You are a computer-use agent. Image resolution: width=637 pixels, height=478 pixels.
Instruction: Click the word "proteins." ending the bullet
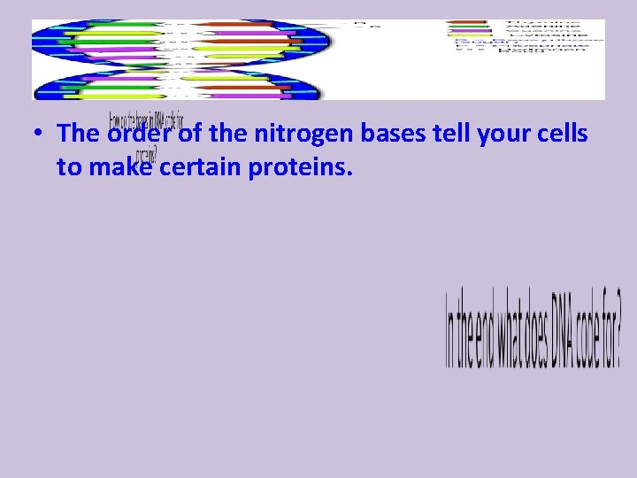[301, 166]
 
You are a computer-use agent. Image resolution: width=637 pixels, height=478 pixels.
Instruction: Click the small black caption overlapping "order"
[146, 120]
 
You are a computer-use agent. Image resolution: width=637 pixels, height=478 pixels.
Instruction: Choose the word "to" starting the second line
[68, 166]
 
